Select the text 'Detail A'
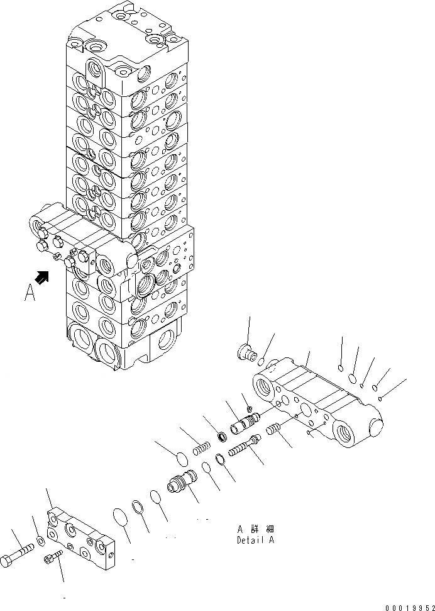(x=255, y=539)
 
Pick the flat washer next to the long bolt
(x=40, y=541)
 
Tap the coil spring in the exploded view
(x=201, y=448)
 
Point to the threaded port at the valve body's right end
(x=347, y=434)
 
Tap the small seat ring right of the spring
(x=221, y=435)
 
